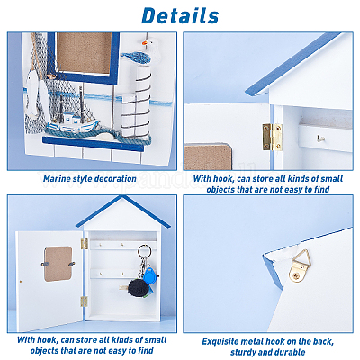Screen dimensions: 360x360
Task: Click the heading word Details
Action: click(x=180, y=15)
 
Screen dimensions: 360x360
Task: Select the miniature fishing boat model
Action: click(x=73, y=120)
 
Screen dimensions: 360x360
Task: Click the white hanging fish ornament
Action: click(x=31, y=93)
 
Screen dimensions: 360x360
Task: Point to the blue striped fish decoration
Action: click(x=136, y=58)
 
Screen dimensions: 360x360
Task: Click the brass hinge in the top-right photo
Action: click(x=273, y=137)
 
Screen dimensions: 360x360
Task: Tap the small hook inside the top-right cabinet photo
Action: click(x=320, y=139)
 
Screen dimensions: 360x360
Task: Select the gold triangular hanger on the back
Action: click(x=300, y=265)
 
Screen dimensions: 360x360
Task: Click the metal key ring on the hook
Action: click(x=145, y=251)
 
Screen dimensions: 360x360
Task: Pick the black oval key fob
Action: click(x=138, y=288)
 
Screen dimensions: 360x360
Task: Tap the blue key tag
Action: click(x=149, y=276)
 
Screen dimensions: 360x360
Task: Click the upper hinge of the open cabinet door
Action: click(x=85, y=244)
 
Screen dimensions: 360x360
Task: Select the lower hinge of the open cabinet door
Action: click(x=84, y=301)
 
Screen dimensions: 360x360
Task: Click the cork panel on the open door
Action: click(x=58, y=264)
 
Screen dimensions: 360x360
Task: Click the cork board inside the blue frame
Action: click(x=85, y=52)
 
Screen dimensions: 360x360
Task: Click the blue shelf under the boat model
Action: click(x=93, y=144)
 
